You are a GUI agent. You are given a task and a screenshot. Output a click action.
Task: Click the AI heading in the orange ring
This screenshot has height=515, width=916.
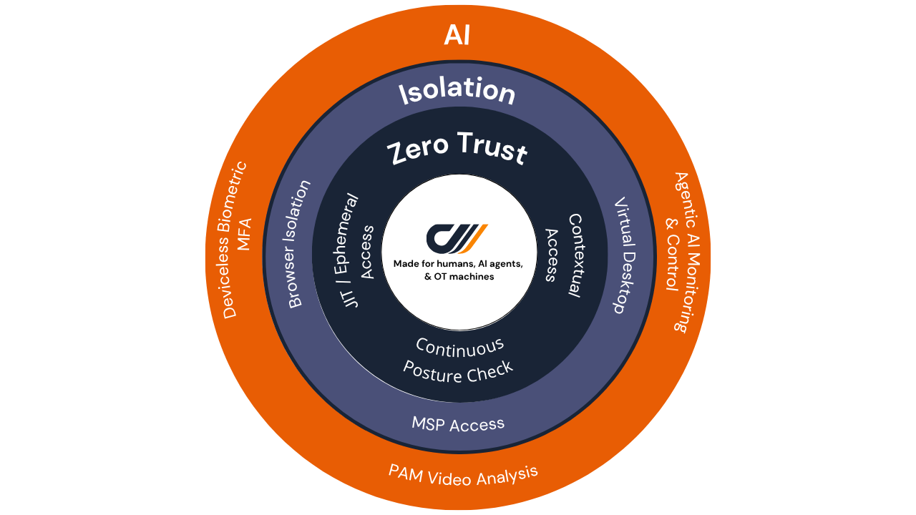(x=457, y=34)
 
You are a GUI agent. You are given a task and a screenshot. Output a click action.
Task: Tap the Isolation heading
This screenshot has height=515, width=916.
(x=457, y=92)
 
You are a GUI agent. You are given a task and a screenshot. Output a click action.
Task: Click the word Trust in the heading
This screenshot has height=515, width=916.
(x=492, y=149)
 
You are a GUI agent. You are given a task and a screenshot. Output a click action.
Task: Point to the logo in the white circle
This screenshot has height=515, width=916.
(x=457, y=238)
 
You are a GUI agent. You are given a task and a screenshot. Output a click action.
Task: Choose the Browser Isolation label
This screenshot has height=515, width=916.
(x=300, y=244)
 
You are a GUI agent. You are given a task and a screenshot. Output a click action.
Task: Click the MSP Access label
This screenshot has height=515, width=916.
(x=458, y=423)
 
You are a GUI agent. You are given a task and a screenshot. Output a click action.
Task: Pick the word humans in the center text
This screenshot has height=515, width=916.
(x=452, y=264)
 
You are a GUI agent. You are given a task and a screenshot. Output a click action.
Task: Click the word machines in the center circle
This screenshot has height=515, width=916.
(x=470, y=277)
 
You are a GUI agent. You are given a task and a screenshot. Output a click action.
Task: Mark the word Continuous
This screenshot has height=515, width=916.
(x=460, y=347)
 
